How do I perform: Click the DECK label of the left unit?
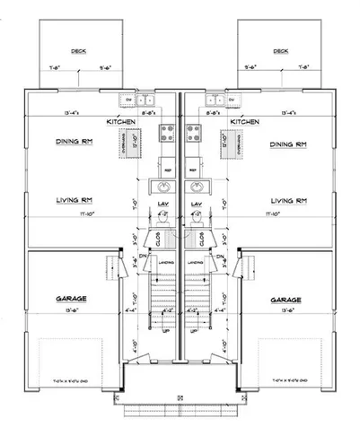coord(79,51)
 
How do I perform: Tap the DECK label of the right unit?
coord(282,51)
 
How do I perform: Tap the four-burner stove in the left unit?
coord(168,134)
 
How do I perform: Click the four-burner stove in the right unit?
coord(191,134)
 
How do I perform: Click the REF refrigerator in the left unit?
coord(168,166)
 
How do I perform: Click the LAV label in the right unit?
coord(196,205)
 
